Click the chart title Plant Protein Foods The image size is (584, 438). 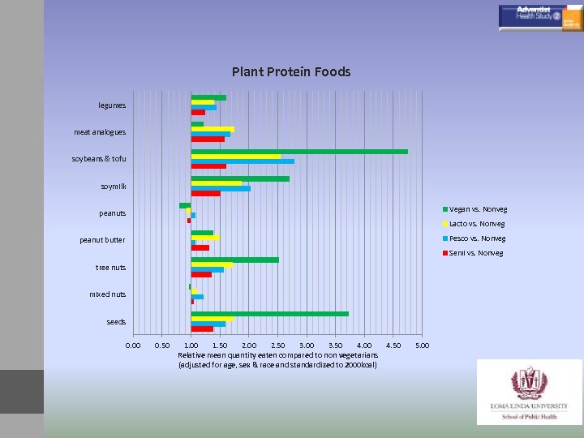point(291,72)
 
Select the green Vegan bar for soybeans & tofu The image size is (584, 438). point(299,151)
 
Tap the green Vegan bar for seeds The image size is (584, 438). point(270,314)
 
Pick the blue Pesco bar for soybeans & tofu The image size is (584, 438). point(243,161)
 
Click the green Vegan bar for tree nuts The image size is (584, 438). point(235,260)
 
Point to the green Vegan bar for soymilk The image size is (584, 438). point(240,178)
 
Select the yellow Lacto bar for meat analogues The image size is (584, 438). point(213,129)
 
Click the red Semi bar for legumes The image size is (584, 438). point(198,113)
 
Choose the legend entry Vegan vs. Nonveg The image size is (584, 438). point(478,208)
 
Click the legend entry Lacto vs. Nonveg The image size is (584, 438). point(476,224)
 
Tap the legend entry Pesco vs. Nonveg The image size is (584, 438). point(477,238)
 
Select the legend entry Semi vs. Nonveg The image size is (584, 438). point(475,253)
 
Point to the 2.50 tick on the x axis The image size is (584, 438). point(277,346)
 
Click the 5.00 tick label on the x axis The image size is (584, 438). point(422,346)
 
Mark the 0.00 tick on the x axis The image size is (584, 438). point(133,346)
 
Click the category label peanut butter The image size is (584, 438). point(102,240)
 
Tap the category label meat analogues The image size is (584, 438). point(100,132)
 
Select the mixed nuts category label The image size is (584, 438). point(108,294)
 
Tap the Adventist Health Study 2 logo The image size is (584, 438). point(539,17)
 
